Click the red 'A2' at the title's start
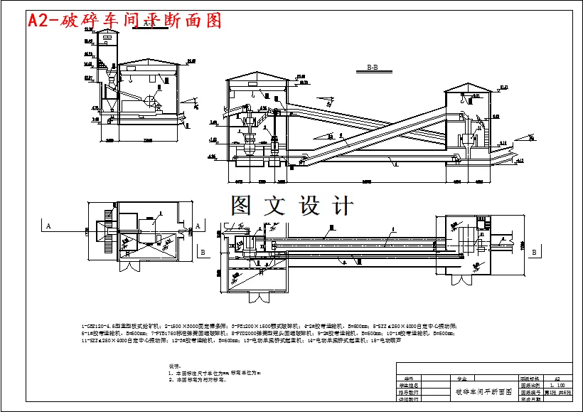[40, 21]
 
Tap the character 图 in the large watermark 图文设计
[240, 206]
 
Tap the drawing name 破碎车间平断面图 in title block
[483, 392]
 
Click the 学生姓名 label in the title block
[408, 386]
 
